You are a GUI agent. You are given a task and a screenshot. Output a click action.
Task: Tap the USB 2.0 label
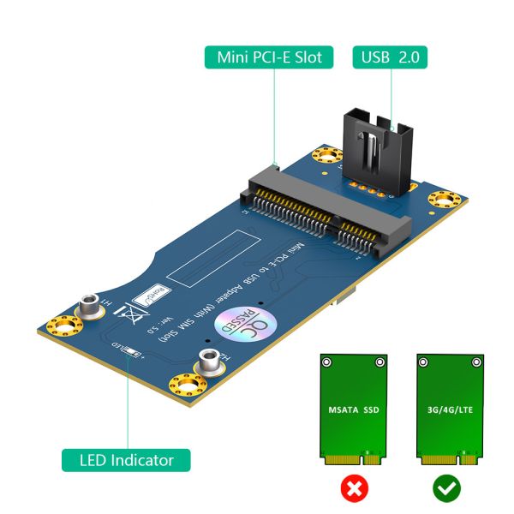click(391, 58)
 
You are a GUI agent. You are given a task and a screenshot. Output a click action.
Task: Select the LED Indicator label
click(127, 460)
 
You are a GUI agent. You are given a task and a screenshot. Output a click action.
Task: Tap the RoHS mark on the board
click(155, 294)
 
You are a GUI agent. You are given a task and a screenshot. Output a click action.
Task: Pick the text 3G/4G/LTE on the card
click(445, 409)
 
